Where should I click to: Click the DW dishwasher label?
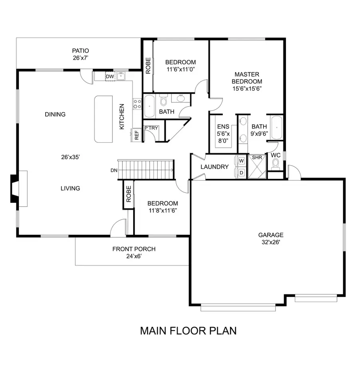click(110, 76)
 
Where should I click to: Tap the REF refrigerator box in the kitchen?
click(136, 136)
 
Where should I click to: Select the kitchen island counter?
click(103, 119)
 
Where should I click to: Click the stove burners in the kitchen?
click(137, 104)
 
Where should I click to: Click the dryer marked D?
click(242, 172)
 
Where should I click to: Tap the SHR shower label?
click(257, 158)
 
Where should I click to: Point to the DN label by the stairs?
click(114, 170)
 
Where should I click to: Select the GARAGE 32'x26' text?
click(270, 238)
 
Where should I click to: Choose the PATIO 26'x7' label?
click(80, 54)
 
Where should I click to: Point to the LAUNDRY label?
click(214, 167)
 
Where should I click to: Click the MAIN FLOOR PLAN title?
click(188, 331)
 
